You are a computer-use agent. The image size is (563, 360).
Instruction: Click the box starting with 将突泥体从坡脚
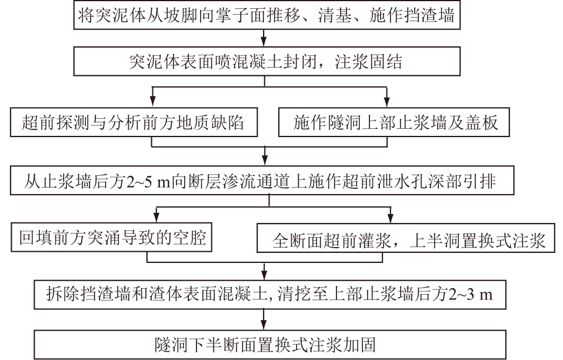[266, 15]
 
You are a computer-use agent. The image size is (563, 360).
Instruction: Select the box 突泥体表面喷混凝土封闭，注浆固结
[266, 61]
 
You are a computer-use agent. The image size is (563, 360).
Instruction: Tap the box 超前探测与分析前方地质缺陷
[134, 122]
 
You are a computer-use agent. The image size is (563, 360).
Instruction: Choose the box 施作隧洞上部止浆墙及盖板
[394, 122]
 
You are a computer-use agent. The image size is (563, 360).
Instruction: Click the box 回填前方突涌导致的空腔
[111, 237]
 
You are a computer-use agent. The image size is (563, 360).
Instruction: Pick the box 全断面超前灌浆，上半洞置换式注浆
[406, 238]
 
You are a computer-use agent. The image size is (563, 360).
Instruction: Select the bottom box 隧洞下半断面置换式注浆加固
[270, 345]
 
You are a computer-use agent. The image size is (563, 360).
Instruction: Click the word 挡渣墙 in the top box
[429, 15]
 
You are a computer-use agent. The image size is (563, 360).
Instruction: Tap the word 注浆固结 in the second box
[368, 62]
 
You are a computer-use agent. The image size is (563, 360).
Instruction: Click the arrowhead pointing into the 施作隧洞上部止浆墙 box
[387, 102]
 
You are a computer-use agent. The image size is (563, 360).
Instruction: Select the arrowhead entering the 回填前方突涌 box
[156, 218]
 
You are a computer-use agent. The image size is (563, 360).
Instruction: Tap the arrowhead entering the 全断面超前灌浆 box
[391, 218]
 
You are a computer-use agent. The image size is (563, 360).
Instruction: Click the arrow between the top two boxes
[265, 38]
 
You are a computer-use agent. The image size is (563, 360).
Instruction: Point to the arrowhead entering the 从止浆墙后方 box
[265, 161]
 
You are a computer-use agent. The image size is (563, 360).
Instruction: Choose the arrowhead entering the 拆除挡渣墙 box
[265, 275]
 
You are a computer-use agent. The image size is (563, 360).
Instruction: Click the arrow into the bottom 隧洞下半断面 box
[265, 319]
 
